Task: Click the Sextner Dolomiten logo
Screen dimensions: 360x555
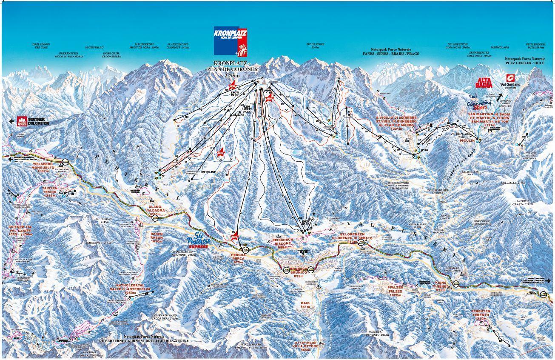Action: [33, 121]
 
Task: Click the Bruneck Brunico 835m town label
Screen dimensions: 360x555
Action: [298, 272]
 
